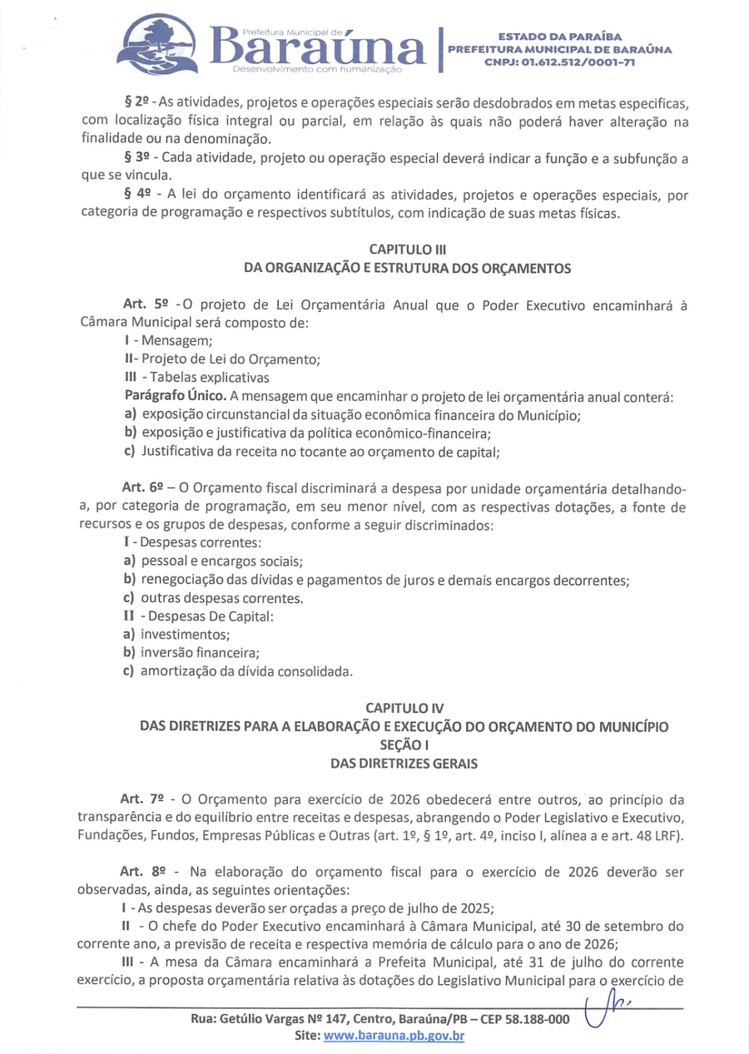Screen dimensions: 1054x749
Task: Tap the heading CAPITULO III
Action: coord(408,249)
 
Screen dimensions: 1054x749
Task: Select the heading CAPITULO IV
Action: coord(408,709)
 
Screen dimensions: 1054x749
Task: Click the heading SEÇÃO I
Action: coord(408,744)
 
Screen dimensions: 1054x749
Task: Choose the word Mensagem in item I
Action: coord(166,341)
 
